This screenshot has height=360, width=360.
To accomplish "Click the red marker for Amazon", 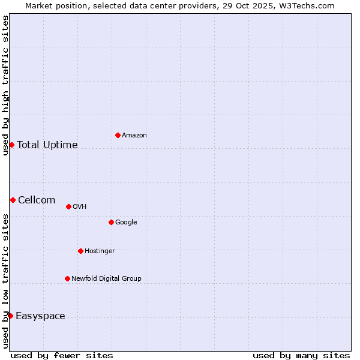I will pos(118,135).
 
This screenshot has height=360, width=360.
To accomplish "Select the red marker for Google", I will pos(111,222).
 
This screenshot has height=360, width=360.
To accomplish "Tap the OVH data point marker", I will pos(68,206).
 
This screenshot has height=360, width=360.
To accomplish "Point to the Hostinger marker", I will pos(80,251).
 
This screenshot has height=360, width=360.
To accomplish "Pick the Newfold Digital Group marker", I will pos(67,278).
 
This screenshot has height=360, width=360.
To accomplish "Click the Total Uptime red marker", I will pos(11,145).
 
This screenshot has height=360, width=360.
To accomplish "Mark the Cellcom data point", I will pos(13,200).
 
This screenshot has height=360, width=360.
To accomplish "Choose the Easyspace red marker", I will pos(10,316).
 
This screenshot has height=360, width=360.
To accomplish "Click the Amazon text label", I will pos(134,136).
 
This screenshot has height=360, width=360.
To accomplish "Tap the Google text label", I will pos(126,223).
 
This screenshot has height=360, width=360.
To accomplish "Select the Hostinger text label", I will pos(100,251).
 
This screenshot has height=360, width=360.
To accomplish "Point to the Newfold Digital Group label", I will pos(106,278).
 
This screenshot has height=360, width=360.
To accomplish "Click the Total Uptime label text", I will pos(47,145).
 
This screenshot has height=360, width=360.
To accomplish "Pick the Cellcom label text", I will pos(37,200).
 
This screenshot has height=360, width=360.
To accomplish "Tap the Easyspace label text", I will pos(40,316).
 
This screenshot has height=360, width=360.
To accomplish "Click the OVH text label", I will pos(80,207).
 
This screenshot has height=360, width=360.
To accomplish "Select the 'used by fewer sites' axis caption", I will pos(62,355).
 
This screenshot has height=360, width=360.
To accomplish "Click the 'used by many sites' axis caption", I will pos(301,355).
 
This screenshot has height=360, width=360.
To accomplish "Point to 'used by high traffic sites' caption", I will pos(5,85).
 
